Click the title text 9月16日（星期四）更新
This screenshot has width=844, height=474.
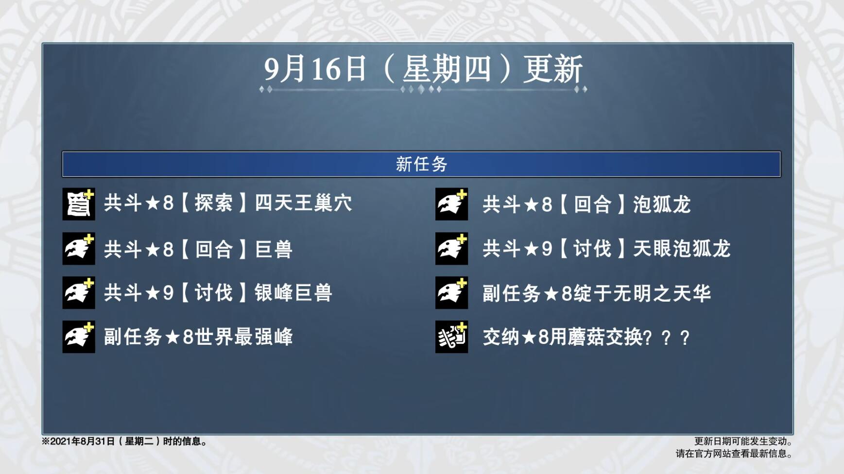pyautogui.click(x=423, y=68)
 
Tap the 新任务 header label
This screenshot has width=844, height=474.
pyautogui.click(x=421, y=164)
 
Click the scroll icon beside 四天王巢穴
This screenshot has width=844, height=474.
pyautogui.click(x=79, y=204)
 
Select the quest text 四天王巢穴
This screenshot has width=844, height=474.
pyautogui.click(x=304, y=203)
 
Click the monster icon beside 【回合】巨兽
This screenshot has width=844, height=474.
pyautogui.click(x=79, y=248)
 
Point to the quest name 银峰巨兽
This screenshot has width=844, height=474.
pyautogui.click(x=293, y=293)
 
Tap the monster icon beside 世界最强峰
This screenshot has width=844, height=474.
pyautogui.click(x=79, y=337)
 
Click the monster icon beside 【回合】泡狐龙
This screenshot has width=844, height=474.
pyautogui.click(x=452, y=204)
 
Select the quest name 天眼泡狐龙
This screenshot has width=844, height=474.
pyautogui.click(x=682, y=249)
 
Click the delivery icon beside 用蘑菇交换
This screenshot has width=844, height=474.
pyautogui.click(x=452, y=337)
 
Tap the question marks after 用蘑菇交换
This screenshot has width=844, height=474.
pyautogui.click(x=666, y=338)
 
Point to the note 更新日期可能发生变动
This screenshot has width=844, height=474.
pyautogui.click(x=743, y=441)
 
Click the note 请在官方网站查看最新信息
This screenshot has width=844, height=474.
pyautogui.click(x=734, y=454)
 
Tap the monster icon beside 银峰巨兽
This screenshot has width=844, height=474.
pyautogui.click(x=79, y=292)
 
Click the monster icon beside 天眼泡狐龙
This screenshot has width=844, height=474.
pyautogui.click(x=452, y=248)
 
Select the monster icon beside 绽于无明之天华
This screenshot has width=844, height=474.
pyautogui.click(x=452, y=292)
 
